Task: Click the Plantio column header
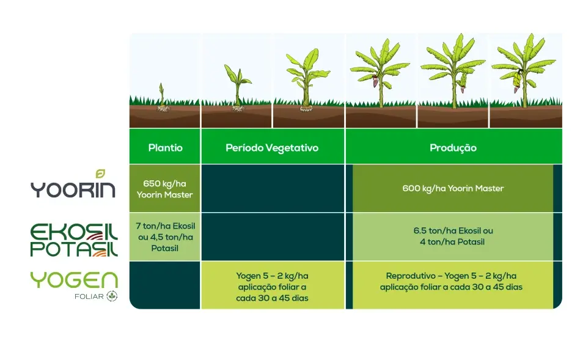165,147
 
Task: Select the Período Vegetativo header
272,147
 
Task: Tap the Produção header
453,147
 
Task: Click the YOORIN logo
73,188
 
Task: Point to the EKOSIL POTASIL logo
74,239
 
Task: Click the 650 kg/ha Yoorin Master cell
165,188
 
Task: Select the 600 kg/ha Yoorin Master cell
453,188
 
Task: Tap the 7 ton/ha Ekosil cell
165,237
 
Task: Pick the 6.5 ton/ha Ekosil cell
453,237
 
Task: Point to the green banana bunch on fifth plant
460,80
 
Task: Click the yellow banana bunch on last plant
518,78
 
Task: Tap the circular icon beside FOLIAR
112,296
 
